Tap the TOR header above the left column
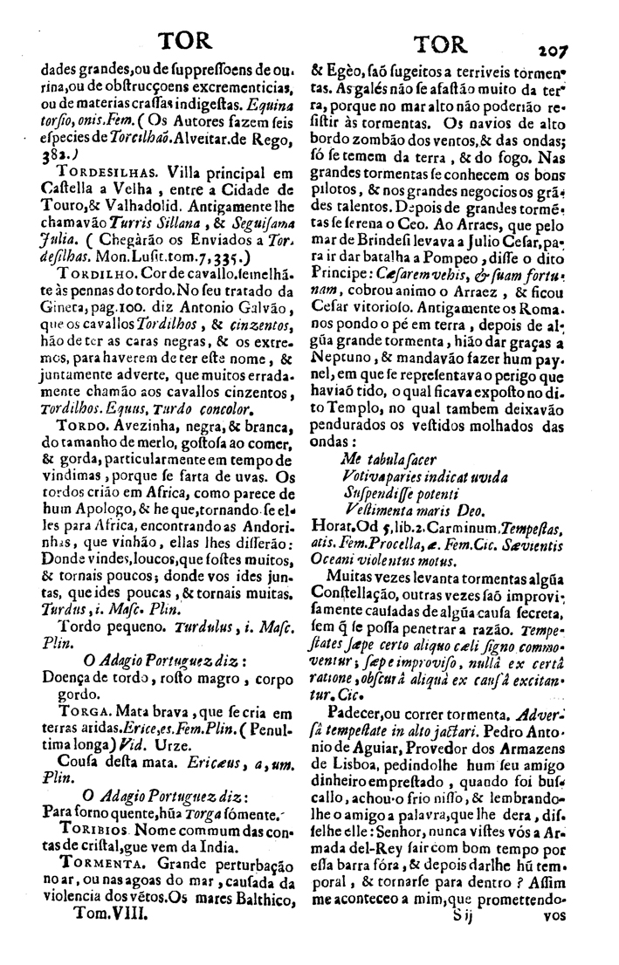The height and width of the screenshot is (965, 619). coord(176,42)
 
